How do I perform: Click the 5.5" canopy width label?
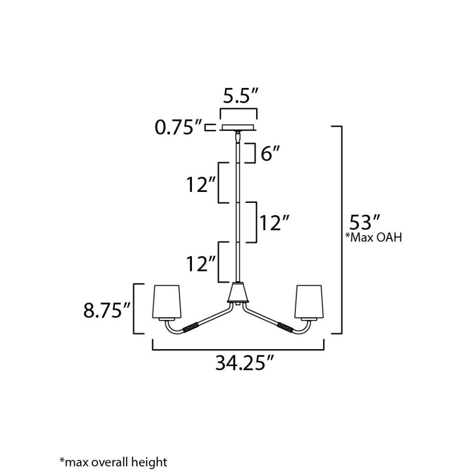[x=240, y=96]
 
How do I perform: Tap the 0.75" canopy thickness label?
[x=178, y=127]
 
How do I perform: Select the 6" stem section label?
[x=270, y=153]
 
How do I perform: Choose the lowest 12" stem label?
[x=200, y=264]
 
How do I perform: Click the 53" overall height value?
[x=365, y=222]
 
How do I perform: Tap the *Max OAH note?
[x=373, y=237]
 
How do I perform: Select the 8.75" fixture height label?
[x=106, y=310]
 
